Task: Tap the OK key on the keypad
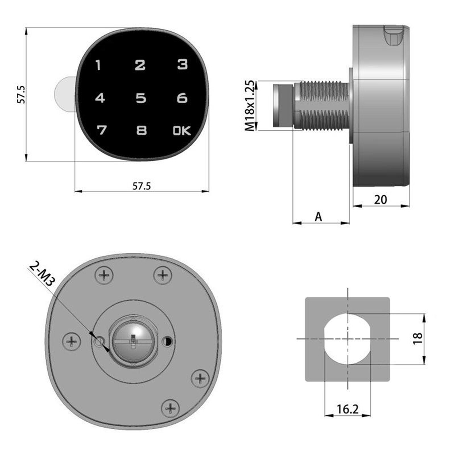click(x=182, y=131)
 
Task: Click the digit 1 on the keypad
click(x=98, y=65)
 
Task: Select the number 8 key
click(x=141, y=131)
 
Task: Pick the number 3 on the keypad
click(x=182, y=64)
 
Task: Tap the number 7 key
click(x=102, y=130)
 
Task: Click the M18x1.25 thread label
click(x=250, y=106)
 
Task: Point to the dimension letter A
click(x=318, y=217)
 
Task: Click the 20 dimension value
click(x=380, y=200)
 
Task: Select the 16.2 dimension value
click(x=348, y=409)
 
